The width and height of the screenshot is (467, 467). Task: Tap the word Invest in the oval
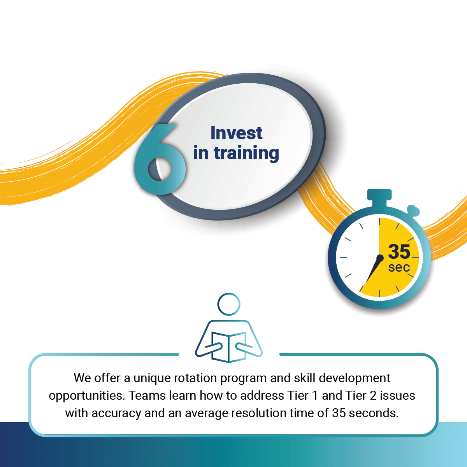click(x=236, y=133)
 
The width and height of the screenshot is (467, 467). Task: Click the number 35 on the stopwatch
click(x=399, y=252)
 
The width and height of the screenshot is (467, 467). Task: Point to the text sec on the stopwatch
click(x=399, y=267)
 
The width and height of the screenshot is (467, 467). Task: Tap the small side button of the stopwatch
click(x=414, y=211)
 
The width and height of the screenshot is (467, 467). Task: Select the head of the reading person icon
click(x=229, y=304)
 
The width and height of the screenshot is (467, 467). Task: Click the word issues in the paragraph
click(x=397, y=395)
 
